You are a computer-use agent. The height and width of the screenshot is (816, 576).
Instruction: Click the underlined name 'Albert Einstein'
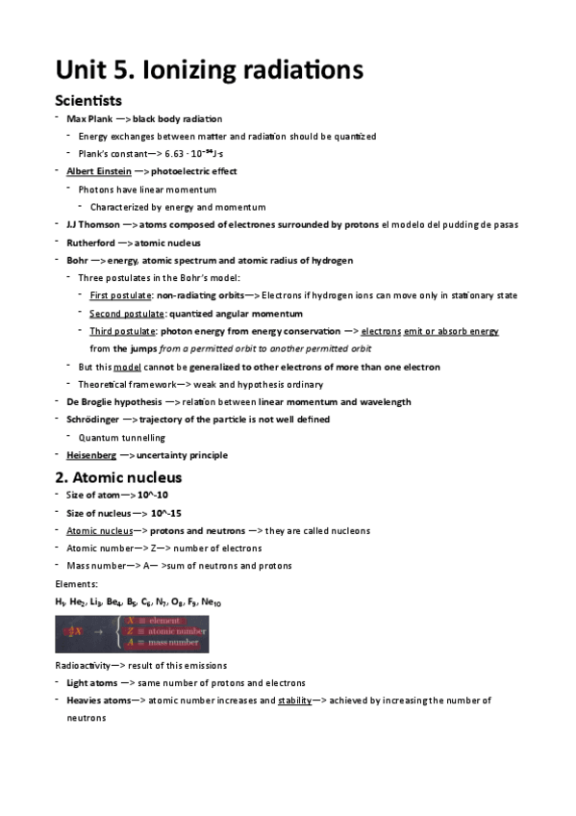99,171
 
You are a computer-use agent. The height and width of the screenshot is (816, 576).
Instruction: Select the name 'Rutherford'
91,242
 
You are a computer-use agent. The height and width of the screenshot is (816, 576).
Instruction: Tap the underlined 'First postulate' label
119,295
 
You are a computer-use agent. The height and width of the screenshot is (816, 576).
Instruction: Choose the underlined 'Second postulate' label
126,313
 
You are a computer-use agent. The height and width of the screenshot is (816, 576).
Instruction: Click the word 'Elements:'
74,584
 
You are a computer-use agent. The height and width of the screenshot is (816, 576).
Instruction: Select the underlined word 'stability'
294,701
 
